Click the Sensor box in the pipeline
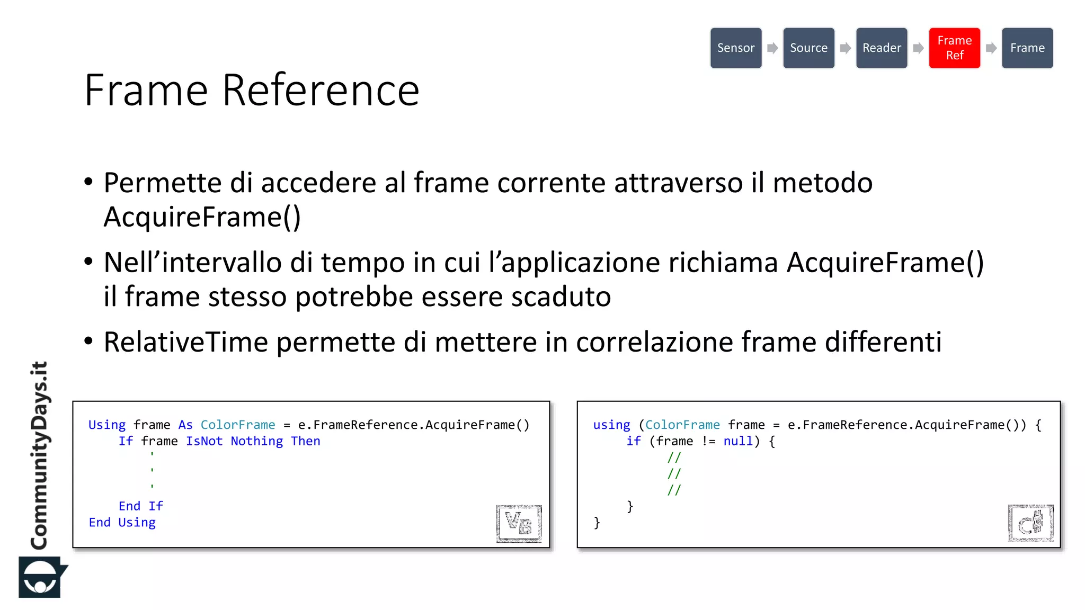[x=735, y=48]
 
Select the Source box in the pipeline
[x=808, y=48]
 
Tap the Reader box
[x=882, y=48]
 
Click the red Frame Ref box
[x=954, y=48]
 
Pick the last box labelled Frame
[x=1027, y=48]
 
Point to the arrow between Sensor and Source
[x=772, y=48]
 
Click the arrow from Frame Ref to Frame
[x=991, y=48]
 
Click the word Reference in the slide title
[x=321, y=90]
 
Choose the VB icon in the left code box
[x=518, y=523]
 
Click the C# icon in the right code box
[x=1030, y=523]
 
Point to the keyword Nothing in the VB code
[x=257, y=441]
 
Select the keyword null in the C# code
[x=738, y=441]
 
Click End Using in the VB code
[x=122, y=523]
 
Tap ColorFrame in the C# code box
[x=682, y=425]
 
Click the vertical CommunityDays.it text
[x=40, y=455]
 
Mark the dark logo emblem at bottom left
[x=41, y=577]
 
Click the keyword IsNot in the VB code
[x=204, y=441]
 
